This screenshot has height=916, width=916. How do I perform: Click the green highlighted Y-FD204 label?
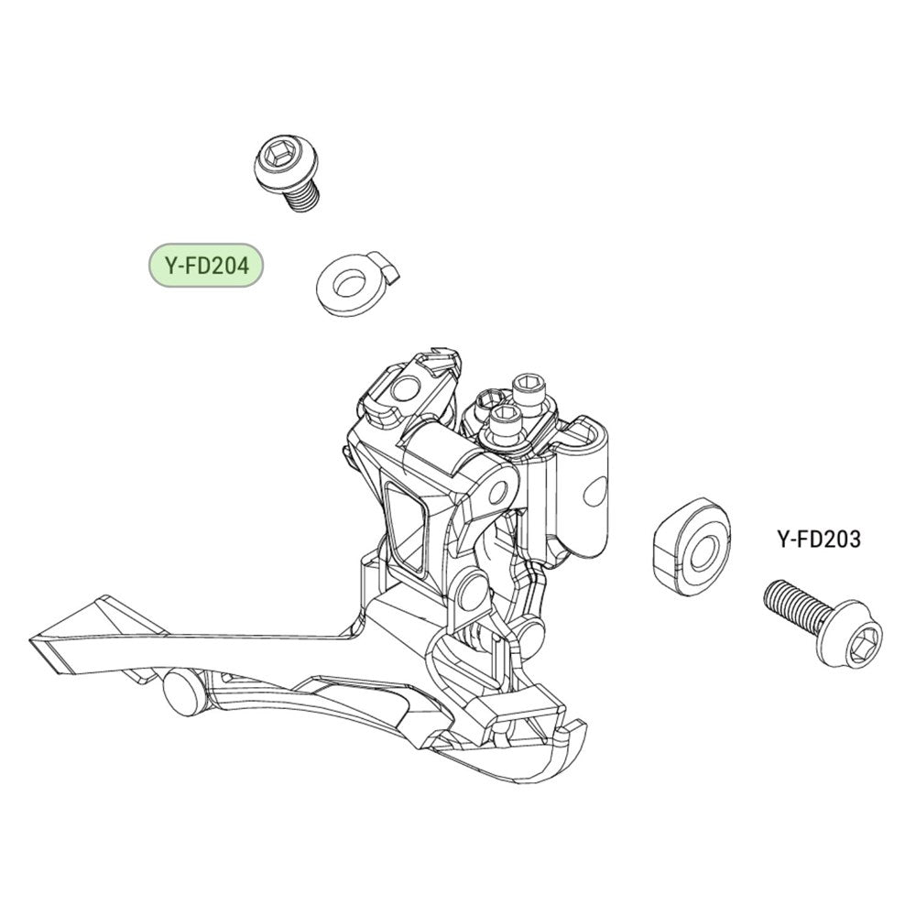coord(205,266)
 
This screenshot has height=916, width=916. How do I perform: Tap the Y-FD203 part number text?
coord(818,539)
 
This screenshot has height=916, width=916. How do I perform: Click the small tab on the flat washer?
coord(387,267)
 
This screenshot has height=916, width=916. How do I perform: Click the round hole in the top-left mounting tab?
coord(404,388)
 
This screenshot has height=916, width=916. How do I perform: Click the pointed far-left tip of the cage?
coord(30,640)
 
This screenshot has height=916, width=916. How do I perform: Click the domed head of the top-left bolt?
coord(278,162)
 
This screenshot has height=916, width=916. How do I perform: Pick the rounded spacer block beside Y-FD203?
coord(690,546)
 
